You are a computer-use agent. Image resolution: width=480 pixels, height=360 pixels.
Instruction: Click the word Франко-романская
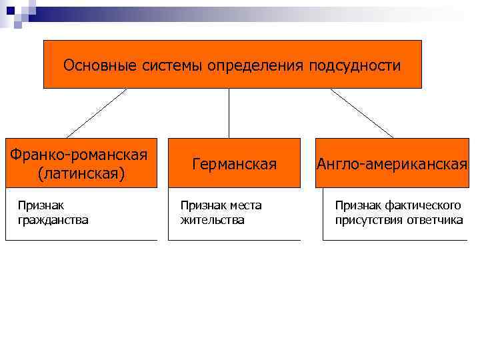pos(79,155)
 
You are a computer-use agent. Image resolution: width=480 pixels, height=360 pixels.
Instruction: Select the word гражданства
pos(53,219)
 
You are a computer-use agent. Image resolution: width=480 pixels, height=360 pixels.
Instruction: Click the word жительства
pos(213,219)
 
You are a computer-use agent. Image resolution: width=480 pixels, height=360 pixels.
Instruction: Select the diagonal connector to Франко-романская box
pos(97,113)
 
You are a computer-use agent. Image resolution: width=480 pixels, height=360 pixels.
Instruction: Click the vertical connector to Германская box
pos(229,113)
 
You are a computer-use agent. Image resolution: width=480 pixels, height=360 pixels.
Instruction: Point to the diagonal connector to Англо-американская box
pos(361,113)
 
